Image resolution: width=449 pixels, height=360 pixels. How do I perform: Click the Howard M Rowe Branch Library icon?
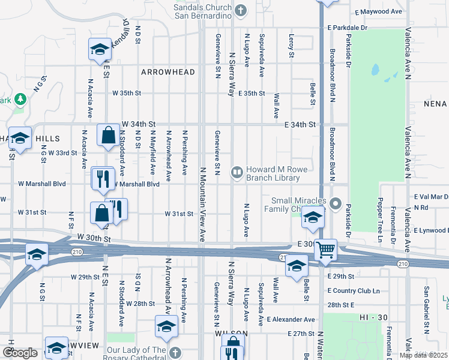coord(238,173)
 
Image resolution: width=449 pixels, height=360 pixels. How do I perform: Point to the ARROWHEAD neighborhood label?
coord(168,72)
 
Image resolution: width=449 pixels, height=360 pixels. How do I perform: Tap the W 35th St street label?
coord(127,93)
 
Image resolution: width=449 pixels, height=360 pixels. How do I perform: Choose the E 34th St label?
coord(300,124)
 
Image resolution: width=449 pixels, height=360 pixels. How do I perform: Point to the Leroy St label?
coord(292,46)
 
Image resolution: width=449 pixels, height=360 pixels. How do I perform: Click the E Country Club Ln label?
coord(354,291)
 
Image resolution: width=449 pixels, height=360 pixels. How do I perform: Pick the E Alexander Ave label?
coord(291,320)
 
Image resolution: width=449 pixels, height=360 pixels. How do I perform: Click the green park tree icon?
coord(20,98)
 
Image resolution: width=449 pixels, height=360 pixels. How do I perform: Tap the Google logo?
coord(20,353)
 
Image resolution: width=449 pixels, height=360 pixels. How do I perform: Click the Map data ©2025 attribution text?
coord(423,355)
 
